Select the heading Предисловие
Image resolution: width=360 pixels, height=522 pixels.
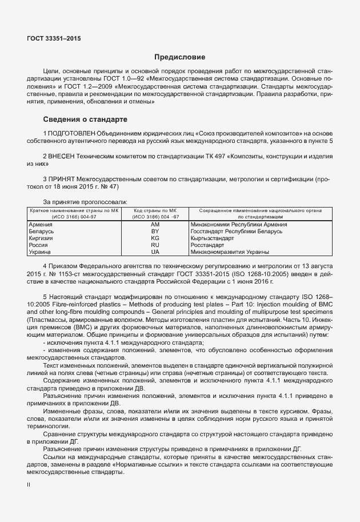(179, 57)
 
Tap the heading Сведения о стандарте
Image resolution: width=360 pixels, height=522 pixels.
(85, 119)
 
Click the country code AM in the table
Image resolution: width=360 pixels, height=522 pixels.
(154, 225)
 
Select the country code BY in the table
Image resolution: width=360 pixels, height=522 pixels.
(154, 232)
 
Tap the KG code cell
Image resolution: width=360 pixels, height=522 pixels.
(154, 238)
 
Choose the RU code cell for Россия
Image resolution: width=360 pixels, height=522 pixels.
(154, 245)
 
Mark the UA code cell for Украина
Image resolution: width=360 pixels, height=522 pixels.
(154, 252)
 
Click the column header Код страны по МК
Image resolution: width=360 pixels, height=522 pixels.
(155, 211)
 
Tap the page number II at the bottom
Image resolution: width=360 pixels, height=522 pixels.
(29, 484)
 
